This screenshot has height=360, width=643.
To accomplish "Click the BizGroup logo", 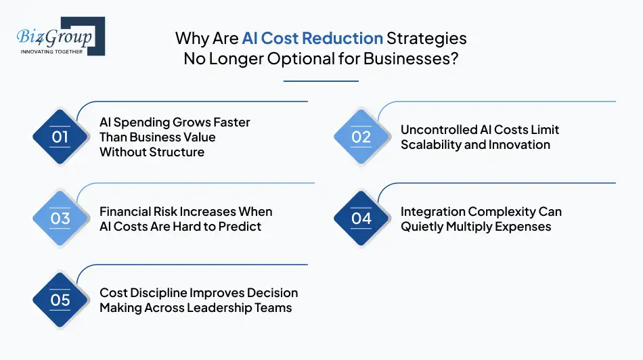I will pos(60,35).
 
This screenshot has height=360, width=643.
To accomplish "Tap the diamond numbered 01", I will pos(60,137).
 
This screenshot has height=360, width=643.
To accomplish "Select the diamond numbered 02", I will pos(361,137).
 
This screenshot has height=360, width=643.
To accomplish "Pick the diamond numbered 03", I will pos(60,219).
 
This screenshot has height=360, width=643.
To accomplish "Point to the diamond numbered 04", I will pos(361,219).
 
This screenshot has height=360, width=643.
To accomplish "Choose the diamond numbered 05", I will pos(60,300).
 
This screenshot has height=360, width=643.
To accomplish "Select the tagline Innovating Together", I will pos(52,51).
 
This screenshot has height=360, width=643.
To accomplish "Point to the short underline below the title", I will pos(321,81).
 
